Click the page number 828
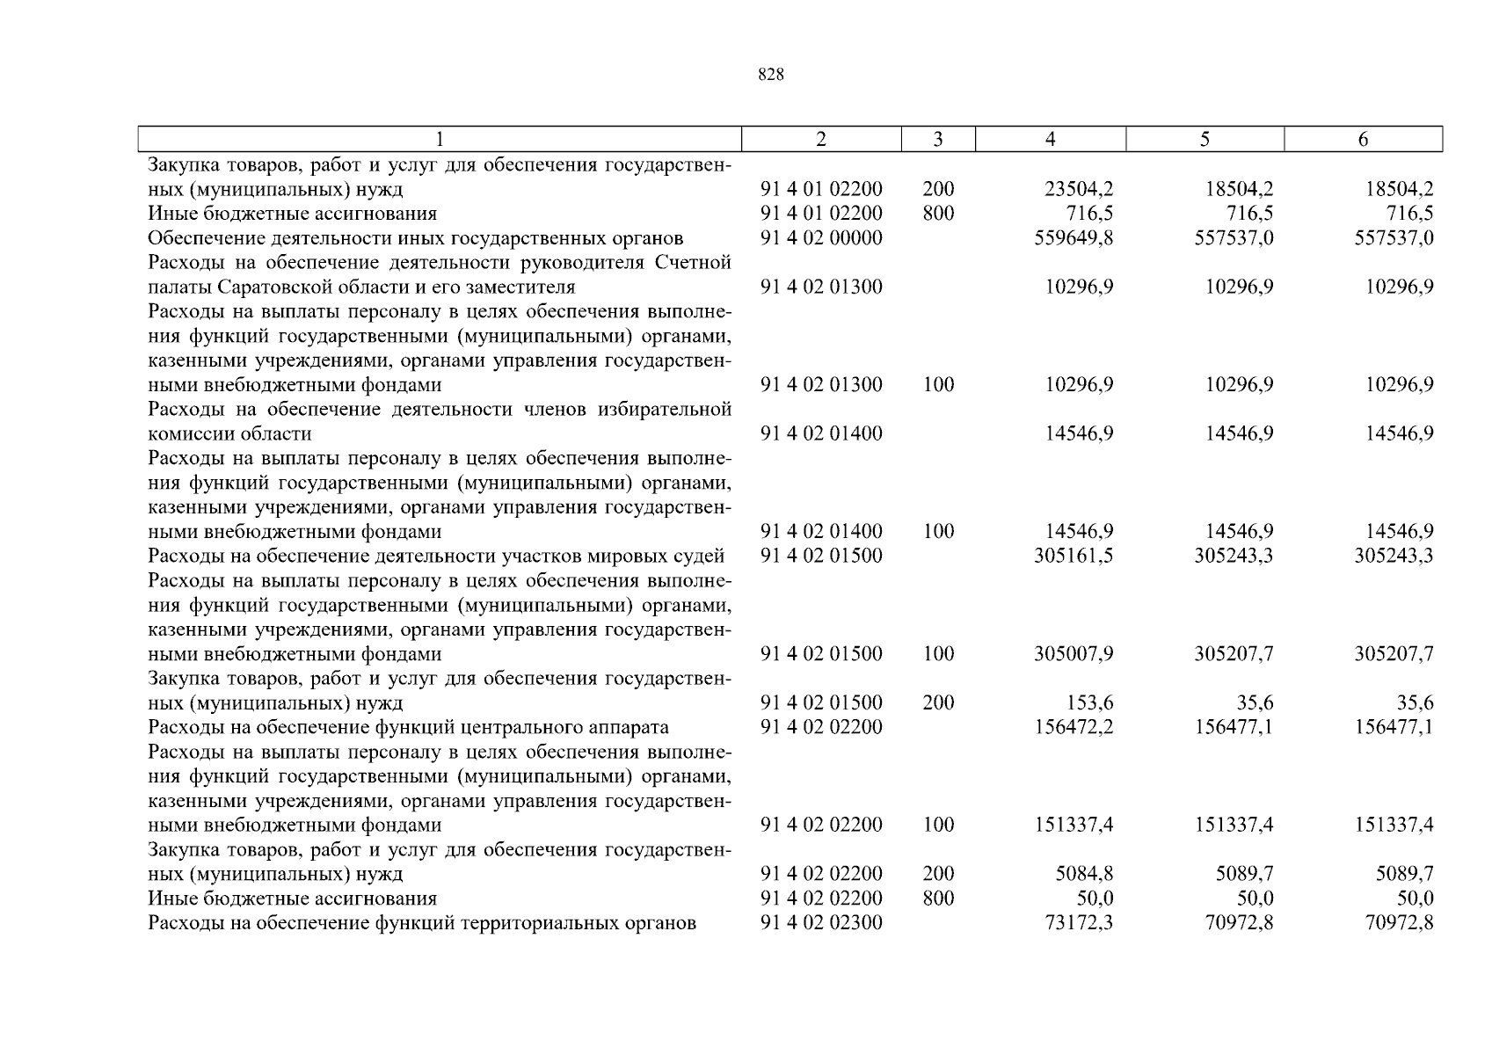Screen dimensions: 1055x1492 [x=770, y=76]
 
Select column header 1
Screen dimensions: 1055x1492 [x=440, y=139]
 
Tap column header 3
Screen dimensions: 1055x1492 [x=938, y=139]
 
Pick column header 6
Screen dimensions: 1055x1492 [x=1363, y=139]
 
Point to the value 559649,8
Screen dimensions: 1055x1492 [x=1074, y=238]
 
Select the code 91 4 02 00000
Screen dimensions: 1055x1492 [x=821, y=238]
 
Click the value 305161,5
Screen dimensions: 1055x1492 [x=1074, y=556]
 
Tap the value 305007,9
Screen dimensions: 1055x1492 [x=1074, y=654]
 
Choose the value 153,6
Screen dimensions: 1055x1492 [x=1090, y=702]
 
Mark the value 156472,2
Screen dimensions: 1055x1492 [x=1074, y=727]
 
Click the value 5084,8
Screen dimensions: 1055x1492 [x=1084, y=874]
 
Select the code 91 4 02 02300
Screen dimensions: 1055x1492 [x=821, y=923]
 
